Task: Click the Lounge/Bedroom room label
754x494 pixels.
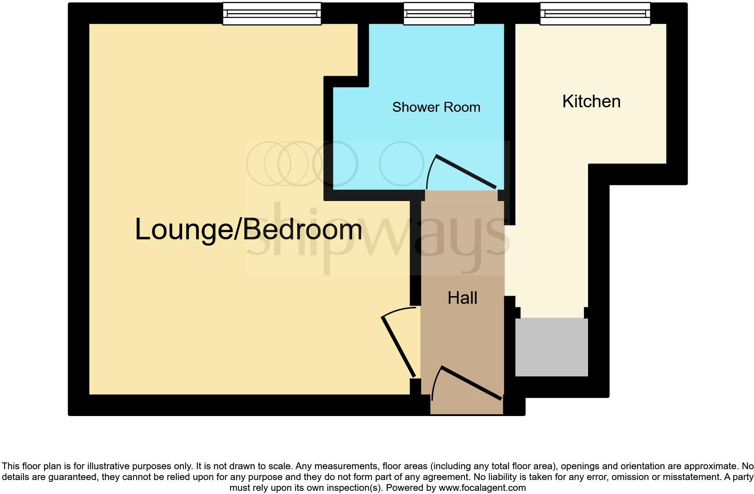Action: (248, 229)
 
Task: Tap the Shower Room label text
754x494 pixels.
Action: (436, 107)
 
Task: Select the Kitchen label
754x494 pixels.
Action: (591, 101)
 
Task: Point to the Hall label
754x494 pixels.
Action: (462, 298)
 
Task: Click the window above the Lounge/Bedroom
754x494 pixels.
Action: (272, 14)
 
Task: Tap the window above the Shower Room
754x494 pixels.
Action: (439, 14)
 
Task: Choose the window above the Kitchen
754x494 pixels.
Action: (595, 14)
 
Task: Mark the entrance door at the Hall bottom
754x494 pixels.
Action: (471, 383)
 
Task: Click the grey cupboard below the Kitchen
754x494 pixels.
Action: (552, 347)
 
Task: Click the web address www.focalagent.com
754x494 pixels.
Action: (482, 488)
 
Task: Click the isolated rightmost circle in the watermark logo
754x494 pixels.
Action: (401, 164)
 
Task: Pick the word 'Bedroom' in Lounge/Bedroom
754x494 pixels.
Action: (303, 229)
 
